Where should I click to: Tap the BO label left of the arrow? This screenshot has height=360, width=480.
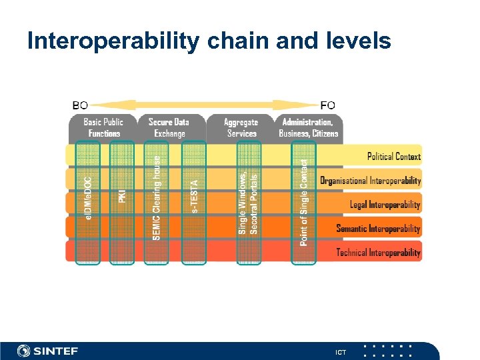point(80,105)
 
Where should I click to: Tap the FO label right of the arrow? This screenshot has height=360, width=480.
point(327,105)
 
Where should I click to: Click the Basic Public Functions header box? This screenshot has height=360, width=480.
point(103,127)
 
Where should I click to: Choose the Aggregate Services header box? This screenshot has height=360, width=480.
point(241,127)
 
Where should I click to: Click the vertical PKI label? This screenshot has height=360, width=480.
point(122,195)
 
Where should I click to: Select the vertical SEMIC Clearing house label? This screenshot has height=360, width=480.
point(157,198)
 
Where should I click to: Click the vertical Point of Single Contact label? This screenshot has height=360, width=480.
point(304,201)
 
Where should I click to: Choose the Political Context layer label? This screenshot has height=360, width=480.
point(393,157)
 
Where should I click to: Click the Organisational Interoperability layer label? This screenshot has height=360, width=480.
point(370,181)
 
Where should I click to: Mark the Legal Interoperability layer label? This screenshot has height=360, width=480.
point(385,205)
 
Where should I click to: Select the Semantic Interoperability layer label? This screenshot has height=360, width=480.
point(378,229)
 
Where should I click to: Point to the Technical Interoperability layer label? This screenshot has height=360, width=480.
point(378,253)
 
